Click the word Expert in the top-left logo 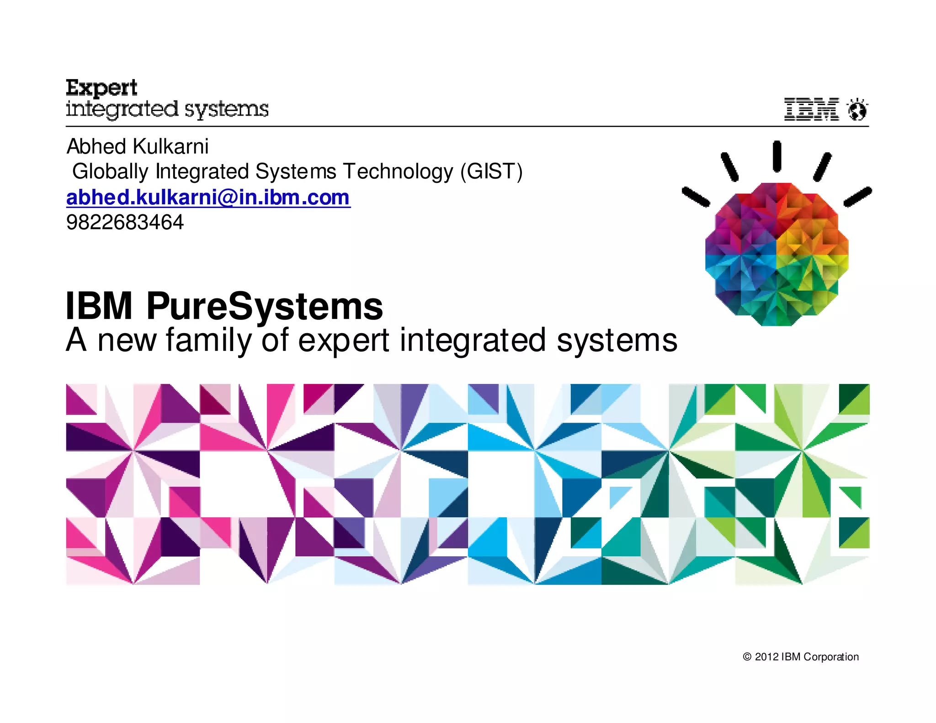(x=101, y=88)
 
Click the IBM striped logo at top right (x=811, y=109)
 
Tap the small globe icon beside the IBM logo (x=857, y=110)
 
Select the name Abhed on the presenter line (x=96, y=147)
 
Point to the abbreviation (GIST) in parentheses (x=491, y=172)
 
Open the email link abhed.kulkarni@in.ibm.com (x=208, y=197)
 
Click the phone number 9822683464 (x=125, y=223)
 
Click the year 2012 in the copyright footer (x=766, y=657)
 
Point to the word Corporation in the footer (x=831, y=657)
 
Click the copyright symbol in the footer (x=747, y=657)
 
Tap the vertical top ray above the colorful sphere (x=776, y=156)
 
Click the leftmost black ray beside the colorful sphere (x=696, y=197)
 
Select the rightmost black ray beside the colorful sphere (x=858, y=197)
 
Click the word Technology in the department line (x=398, y=172)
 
